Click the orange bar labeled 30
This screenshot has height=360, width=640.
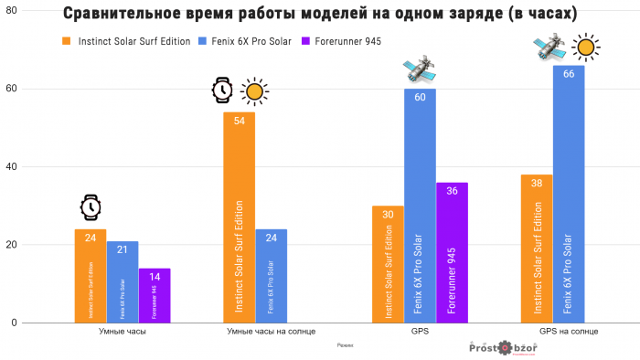389,264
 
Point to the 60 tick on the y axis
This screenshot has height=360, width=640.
37,89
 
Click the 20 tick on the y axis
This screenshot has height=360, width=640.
37,245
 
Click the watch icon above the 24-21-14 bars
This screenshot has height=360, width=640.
91,206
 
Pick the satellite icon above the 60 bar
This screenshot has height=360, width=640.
419,68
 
